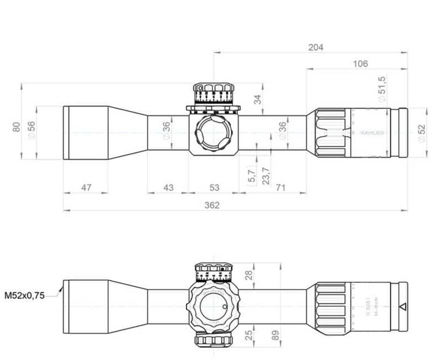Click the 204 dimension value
316,47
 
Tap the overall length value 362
212,205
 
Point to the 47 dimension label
86,188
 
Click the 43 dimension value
168,188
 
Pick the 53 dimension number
214,188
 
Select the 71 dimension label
281,188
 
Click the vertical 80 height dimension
16,127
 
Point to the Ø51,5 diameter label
382,89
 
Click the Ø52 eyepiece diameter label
420,132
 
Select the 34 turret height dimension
258,99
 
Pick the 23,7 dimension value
266,176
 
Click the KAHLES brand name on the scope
372,133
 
